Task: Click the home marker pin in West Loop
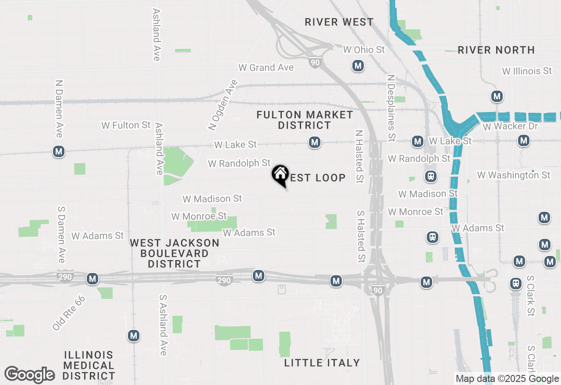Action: coord(280,175)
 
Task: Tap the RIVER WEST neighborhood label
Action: coord(339,22)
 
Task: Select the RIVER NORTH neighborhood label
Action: coord(496,50)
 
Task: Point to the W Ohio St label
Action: coord(364,50)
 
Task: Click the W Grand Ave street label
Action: coord(266,67)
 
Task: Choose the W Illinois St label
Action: coord(527,70)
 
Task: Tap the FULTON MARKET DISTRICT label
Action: coord(305,120)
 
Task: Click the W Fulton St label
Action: coord(126,125)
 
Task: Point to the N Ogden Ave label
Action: coord(223,105)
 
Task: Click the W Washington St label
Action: coord(514,175)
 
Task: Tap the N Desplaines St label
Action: coord(391,108)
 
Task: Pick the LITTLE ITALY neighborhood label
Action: coord(322,363)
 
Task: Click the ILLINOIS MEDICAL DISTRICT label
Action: coord(89,365)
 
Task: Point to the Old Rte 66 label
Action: coord(69,313)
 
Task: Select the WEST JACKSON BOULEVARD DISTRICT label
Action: coord(174,253)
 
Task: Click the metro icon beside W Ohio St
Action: coord(358,66)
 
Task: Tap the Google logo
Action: coord(29,375)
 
